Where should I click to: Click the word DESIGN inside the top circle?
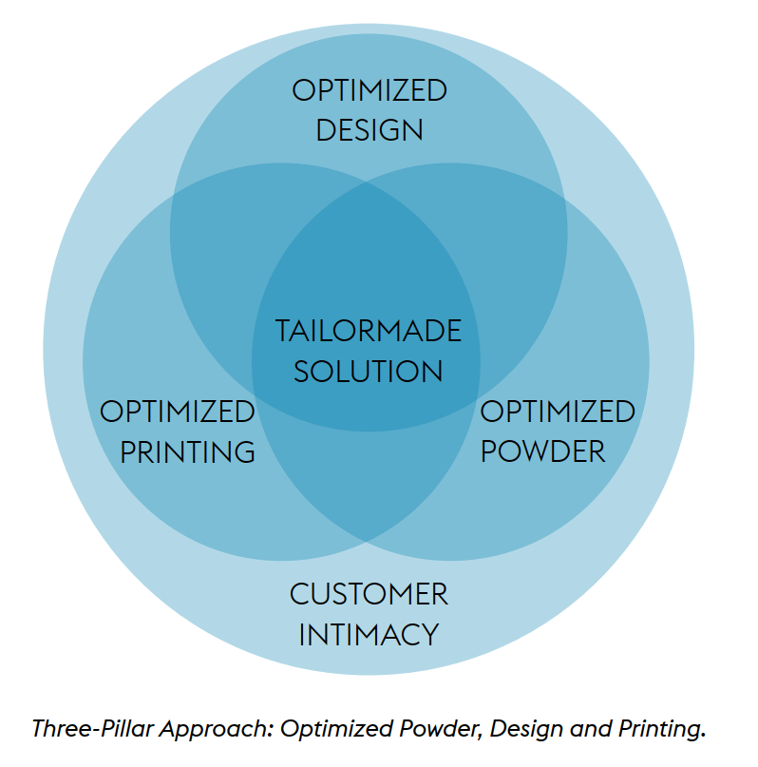369,129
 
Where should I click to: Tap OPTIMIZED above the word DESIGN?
369,91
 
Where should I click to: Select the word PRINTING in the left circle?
188,451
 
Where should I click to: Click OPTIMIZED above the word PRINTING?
178,412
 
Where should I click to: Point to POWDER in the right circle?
542,451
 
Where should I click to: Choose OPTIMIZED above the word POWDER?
558,412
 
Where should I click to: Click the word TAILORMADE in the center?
369,332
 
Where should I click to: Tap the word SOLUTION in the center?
369,371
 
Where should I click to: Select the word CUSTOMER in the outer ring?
369,595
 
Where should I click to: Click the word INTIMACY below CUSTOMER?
369,634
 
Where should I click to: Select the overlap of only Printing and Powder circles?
369,485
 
